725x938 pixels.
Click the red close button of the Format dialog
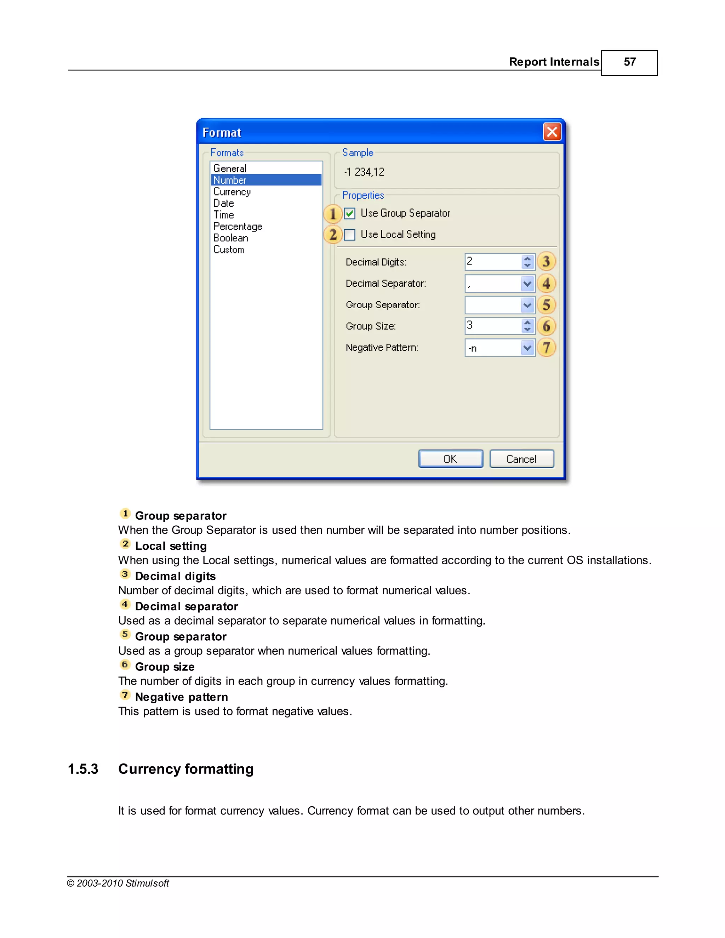[x=552, y=132]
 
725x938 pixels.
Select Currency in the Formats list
[x=232, y=192]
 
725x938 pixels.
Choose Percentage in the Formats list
[x=238, y=226]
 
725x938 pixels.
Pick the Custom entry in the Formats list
[x=229, y=250]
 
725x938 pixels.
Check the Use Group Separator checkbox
[x=350, y=213]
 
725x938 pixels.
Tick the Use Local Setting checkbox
[x=350, y=234]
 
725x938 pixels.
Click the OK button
[x=451, y=459]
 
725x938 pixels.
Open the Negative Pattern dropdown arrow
[x=527, y=348]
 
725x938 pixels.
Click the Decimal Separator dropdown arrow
[x=527, y=284]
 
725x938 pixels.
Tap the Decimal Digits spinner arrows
[x=527, y=262]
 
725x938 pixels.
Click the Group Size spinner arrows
[x=527, y=326]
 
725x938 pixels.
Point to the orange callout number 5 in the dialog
[x=546, y=305]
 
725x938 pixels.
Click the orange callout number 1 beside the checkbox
[x=333, y=214]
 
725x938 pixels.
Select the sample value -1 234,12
[x=364, y=172]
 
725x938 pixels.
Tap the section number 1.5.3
[x=83, y=769]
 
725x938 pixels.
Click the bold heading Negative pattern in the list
[x=181, y=697]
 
